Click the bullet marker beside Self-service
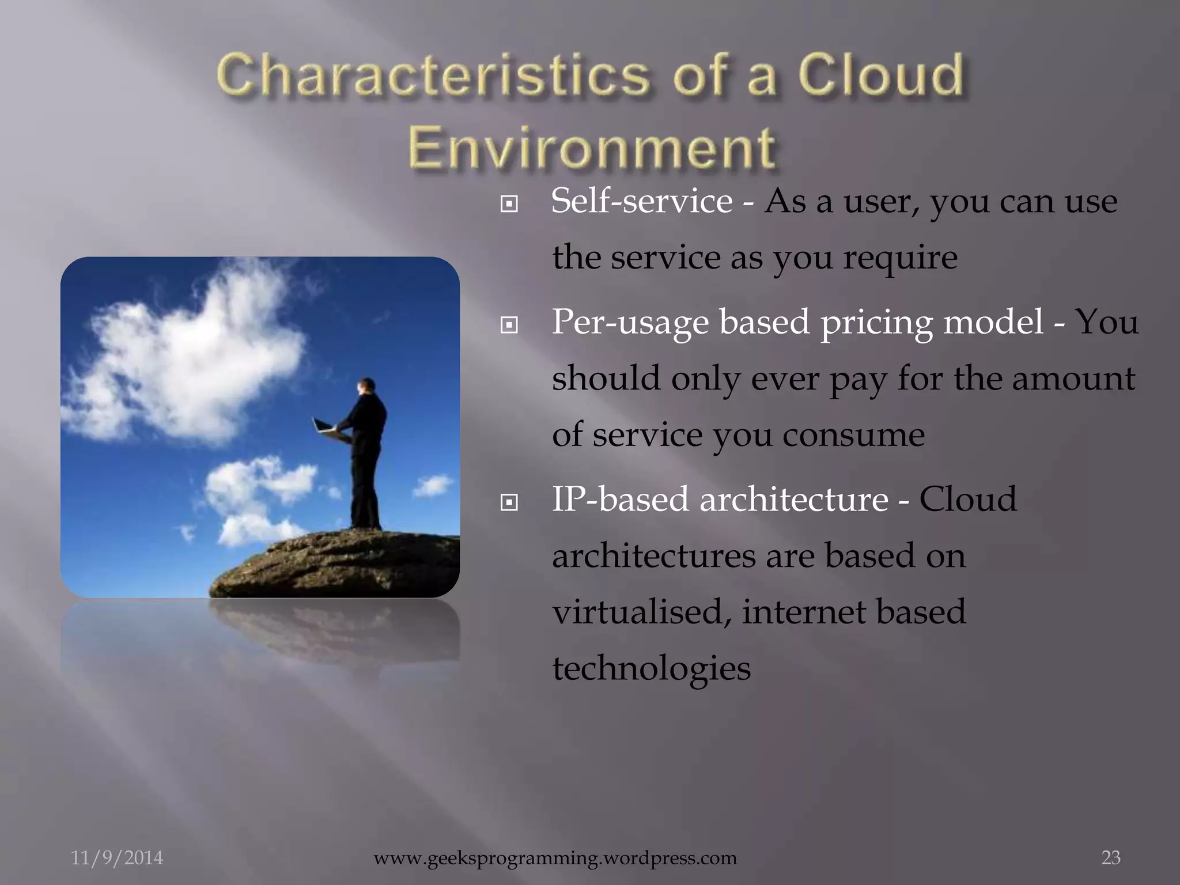[x=509, y=203]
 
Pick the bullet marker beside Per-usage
[x=509, y=326]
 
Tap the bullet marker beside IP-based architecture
[x=509, y=503]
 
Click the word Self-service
[x=641, y=201]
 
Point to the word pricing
[x=876, y=323]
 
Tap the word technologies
[x=651, y=668]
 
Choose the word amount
[x=1073, y=379]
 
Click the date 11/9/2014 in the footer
[x=117, y=858]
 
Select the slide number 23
[x=1111, y=858]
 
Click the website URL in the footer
[x=555, y=858]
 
